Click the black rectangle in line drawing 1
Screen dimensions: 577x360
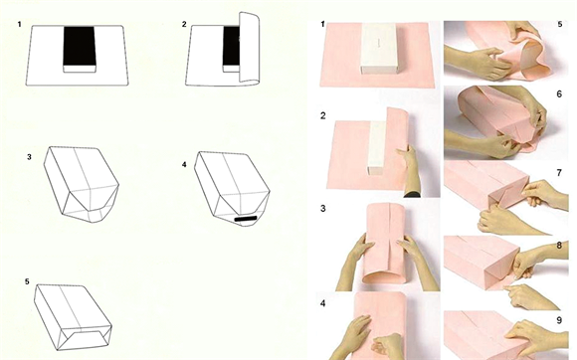point(79,46)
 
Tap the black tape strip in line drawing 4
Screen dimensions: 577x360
point(246,219)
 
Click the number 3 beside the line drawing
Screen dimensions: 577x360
point(29,157)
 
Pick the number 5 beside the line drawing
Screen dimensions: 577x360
point(27,281)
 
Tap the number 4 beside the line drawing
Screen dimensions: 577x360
point(184,164)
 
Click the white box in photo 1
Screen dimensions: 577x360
point(379,50)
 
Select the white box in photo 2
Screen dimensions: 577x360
point(377,147)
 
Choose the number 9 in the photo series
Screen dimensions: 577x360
point(559,320)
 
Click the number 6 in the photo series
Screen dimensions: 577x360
point(559,94)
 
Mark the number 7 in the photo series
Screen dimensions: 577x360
point(559,172)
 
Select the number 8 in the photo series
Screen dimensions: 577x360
point(559,246)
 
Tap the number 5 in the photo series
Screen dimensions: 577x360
point(560,24)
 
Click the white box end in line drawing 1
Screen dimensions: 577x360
point(80,70)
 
